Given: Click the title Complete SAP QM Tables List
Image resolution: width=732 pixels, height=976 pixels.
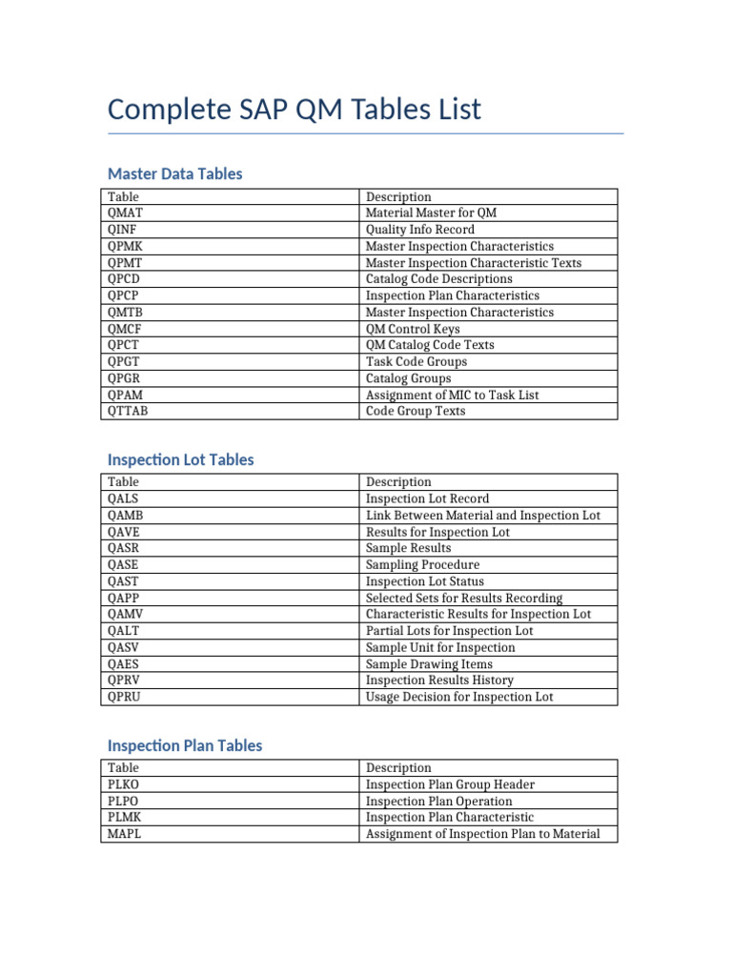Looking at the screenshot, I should click(295, 110).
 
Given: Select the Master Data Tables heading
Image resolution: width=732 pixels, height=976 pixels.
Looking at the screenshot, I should click(175, 173).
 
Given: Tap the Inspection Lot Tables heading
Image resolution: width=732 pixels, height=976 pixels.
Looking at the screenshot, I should click(181, 459).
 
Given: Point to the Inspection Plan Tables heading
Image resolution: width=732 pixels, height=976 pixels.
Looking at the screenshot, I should click(185, 745).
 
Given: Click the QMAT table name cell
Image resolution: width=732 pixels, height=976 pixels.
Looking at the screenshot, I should click(126, 213).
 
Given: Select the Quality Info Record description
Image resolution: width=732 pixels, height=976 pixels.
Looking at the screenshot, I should click(419, 230).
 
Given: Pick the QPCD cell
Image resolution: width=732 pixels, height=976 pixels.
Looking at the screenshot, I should click(125, 279).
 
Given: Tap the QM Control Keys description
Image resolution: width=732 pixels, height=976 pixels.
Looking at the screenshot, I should click(413, 329).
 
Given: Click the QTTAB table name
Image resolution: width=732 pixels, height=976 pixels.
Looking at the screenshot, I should click(128, 411).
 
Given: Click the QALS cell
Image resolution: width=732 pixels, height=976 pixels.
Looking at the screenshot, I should click(124, 498).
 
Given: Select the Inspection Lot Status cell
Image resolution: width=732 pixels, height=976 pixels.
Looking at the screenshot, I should click(424, 581).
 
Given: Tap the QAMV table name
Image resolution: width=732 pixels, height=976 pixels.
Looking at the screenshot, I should click(126, 614).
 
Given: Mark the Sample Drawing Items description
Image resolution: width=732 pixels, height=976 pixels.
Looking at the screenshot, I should click(429, 663).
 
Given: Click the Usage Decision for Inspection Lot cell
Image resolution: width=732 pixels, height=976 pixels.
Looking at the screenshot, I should click(459, 697).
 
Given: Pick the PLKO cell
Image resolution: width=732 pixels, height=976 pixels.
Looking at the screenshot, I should click(124, 784).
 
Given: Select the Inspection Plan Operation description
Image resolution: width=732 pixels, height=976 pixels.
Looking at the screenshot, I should click(438, 802).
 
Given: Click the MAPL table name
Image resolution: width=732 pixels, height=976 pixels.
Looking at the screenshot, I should click(125, 834).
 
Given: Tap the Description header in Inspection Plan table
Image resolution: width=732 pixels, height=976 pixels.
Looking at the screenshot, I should click(398, 768).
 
